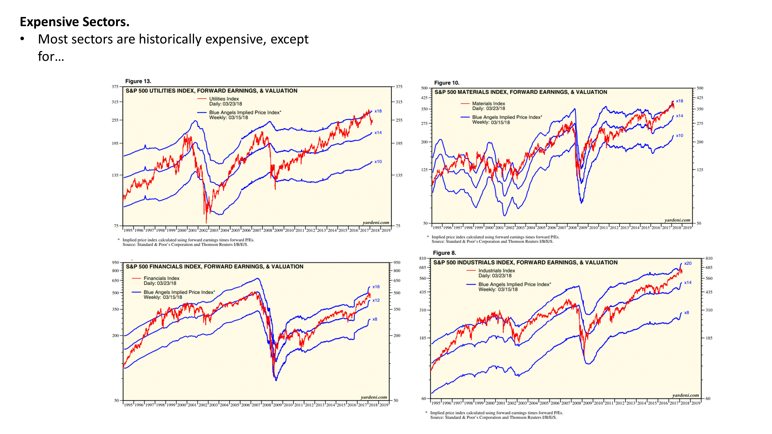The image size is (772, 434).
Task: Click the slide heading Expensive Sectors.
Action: tap(75, 22)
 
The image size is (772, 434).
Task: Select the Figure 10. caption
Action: tap(447, 83)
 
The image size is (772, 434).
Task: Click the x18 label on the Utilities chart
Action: tap(378, 111)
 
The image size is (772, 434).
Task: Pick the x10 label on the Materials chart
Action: tap(679, 136)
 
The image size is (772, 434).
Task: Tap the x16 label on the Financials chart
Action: tap(376, 287)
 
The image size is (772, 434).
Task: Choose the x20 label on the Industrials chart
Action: tap(688, 263)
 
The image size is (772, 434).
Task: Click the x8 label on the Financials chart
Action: tap(375, 319)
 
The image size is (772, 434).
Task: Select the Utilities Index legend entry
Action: tap(224, 99)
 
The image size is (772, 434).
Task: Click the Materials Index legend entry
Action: tap(488, 104)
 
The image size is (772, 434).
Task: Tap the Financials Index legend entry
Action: tap(161, 278)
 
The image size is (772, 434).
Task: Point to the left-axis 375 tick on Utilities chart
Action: tap(115, 87)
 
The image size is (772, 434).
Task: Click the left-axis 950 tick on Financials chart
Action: tap(115, 262)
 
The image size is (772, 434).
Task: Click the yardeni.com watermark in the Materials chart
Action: tap(677, 220)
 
